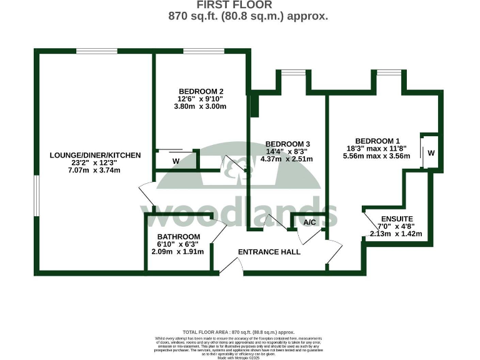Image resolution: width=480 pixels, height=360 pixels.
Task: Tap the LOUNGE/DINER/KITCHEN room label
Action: [96, 156]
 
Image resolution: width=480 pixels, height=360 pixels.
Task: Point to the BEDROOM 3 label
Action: [287, 143]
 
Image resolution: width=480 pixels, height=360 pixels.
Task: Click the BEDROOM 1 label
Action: [377, 141]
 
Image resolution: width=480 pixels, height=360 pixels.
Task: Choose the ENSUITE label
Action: [396, 218]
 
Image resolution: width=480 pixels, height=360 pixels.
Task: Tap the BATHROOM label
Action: [179, 236]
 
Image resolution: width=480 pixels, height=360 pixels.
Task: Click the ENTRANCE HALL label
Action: [269, 252]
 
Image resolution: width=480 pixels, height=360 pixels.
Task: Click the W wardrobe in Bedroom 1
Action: [431, 152]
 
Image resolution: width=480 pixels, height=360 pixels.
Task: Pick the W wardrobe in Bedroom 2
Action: [176, 161]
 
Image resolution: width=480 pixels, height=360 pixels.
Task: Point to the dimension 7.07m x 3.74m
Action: [94, 171]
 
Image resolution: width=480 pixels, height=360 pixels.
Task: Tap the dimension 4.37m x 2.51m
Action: [287, 159]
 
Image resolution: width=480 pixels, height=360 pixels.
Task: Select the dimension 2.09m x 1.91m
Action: [178, 252]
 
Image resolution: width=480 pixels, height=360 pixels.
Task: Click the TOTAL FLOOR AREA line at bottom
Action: [239, 332]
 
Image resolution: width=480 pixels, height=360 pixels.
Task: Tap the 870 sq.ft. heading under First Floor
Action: [248, 17]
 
